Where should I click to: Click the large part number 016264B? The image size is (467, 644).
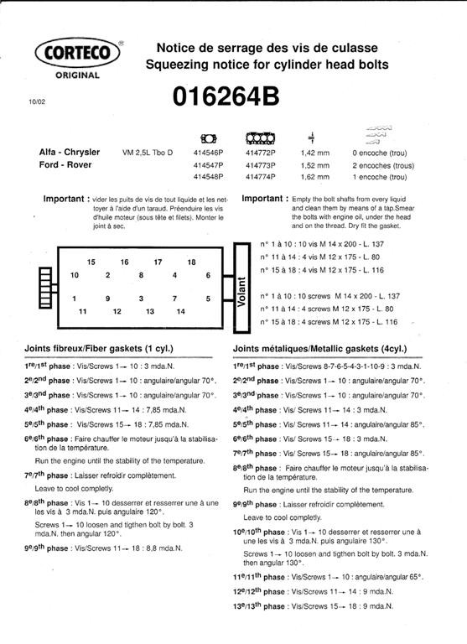(x=226, y=96)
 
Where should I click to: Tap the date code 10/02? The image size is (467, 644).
(x=37, y=101)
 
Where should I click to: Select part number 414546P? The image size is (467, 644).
(x=208, y=153)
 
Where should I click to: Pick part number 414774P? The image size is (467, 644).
(x=261, y=177)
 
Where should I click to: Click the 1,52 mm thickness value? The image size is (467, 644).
(x=315, y=165)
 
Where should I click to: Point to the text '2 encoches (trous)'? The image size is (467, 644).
(x=383, y=166)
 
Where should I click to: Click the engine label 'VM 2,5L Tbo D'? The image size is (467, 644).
(x=148, y=153)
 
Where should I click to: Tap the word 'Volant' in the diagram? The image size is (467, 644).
(x=241, y=292)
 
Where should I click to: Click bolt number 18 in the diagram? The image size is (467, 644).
(x=191, y=262)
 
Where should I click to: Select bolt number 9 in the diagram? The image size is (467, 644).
(x=107, y=299)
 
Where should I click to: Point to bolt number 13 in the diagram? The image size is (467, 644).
(x=150, y=312)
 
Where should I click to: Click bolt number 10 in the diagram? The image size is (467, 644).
(x=75, y=275)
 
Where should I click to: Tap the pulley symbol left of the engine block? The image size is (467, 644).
(x=45, y=288)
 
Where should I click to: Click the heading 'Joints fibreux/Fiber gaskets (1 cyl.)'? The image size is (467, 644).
(x=99, y=349)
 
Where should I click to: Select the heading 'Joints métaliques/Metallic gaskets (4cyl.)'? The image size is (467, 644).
(x=320, y=349)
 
